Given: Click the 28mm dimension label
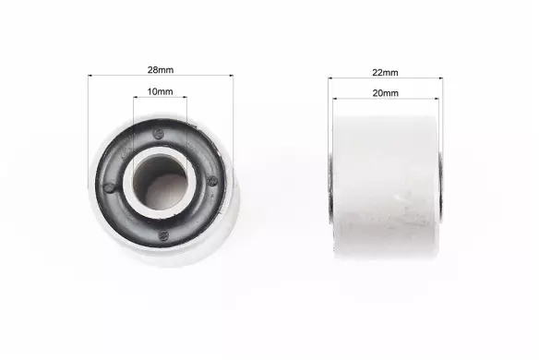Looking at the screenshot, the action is coord(161,70).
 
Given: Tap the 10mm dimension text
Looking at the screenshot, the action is coord(160,91).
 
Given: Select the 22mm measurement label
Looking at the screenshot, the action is coord(385,73).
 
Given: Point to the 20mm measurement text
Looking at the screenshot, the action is coord(386,93).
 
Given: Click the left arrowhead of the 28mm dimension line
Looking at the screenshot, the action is coord(90,76).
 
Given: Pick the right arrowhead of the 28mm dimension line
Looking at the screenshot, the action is coord(231,76).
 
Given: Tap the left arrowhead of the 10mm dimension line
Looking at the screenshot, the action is coord(136,97).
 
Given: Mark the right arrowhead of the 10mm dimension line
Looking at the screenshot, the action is coord(185,97).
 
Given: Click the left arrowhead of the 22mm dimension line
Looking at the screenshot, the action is coord(330,78).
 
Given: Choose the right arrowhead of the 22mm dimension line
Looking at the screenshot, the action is coord(440,78).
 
